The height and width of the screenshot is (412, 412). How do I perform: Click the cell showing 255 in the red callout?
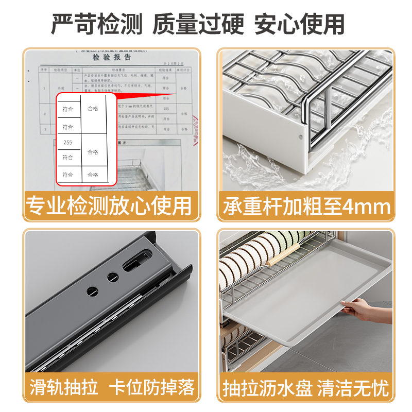(68, 142)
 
